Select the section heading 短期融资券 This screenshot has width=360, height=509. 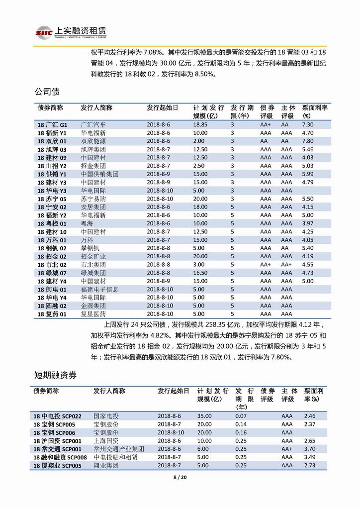55,374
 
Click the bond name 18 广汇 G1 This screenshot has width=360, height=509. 52,125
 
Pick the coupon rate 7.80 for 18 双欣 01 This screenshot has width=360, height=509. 308,141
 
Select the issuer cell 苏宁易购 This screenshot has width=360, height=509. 93,199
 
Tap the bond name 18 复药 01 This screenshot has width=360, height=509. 52,314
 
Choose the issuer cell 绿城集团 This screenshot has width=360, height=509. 93,273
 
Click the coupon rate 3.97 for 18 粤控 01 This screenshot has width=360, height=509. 308,223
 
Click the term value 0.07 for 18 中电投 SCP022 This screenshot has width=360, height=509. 241,415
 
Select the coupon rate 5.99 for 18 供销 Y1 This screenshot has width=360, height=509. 308,174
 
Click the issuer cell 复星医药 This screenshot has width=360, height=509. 93,314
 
